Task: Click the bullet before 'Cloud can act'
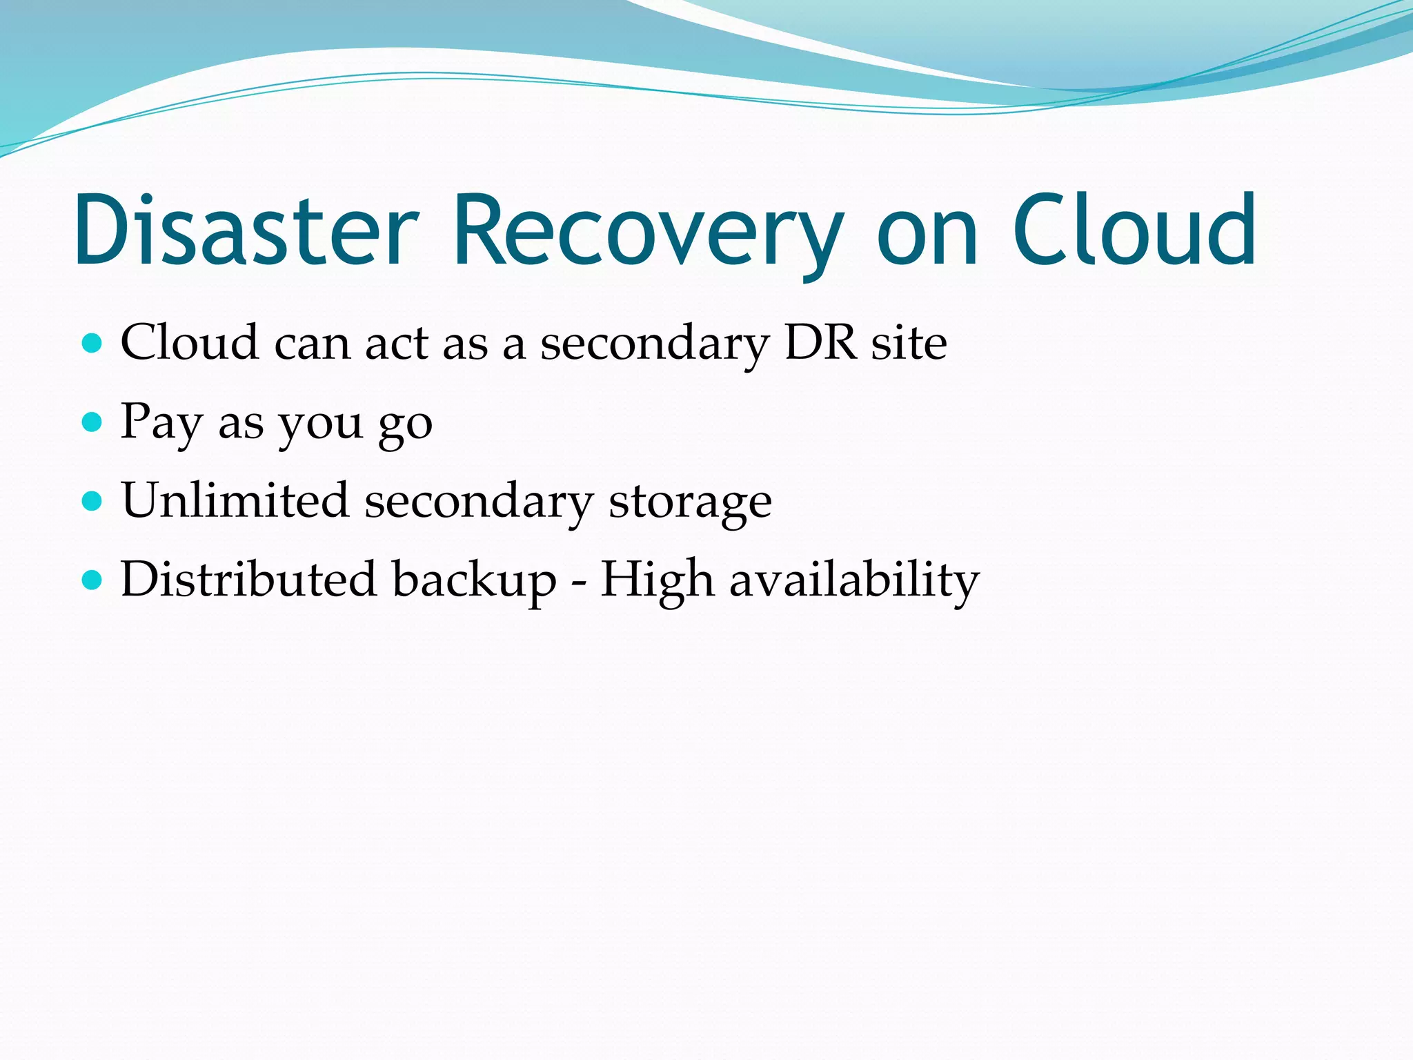pos(92,343)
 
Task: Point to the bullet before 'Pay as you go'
pos(92,422)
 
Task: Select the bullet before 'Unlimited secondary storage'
pos(92,500)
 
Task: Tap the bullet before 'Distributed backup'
pos(92,580)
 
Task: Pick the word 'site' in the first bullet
pos(909,342)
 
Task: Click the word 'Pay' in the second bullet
pos(161,422)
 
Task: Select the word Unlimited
pos(235,500)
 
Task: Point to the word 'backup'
pos(474,580)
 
